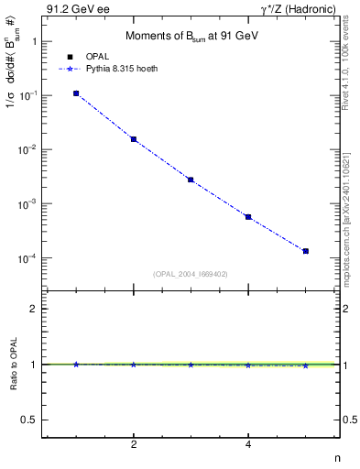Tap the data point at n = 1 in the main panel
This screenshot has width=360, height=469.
point(76,93)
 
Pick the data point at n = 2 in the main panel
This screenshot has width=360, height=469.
point(134,139)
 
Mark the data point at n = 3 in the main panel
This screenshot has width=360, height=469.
point(191,180)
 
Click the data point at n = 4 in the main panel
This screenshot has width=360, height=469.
point(248,217)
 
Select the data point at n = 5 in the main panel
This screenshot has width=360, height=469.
point(305,251)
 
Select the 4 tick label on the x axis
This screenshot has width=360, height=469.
point(248,444)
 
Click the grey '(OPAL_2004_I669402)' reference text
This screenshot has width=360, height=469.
point(190,274)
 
